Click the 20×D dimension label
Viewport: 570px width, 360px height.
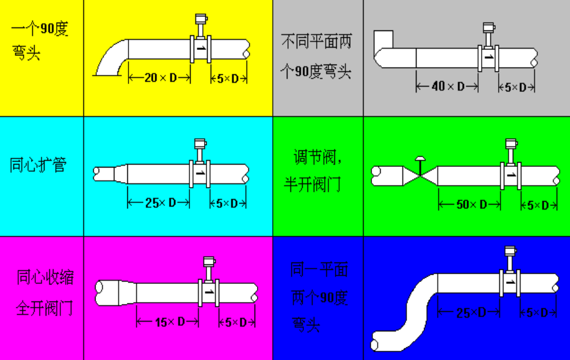coord(159,77)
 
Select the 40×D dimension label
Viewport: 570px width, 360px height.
coord(447,86)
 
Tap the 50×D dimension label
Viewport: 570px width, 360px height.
coord(471,205)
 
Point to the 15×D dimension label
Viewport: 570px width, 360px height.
coord(169,322)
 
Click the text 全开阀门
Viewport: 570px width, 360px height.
coord(44,308)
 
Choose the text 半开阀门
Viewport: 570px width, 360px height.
coord(312,184)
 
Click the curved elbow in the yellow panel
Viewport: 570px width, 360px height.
coord(113,58)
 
